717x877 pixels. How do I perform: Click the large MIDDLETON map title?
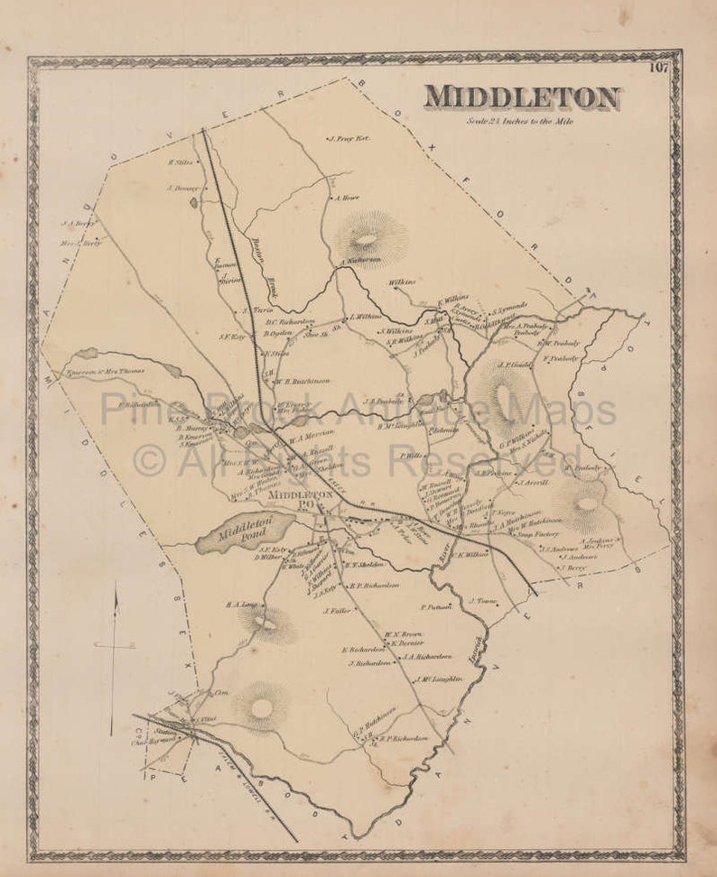coord(522,97)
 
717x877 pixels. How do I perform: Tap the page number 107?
coord(658,67)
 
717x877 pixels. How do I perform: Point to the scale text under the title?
coord(519,121)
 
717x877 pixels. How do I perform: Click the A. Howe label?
coord(348,198)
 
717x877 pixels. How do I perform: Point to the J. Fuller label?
coord(336,610)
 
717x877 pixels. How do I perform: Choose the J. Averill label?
coord(535,483)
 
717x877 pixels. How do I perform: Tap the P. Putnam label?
coord(434,607)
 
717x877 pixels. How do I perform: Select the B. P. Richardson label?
coord(375,585)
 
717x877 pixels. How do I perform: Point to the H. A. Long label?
coord(242,605)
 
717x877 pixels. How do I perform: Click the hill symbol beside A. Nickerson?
coord(368,239)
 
